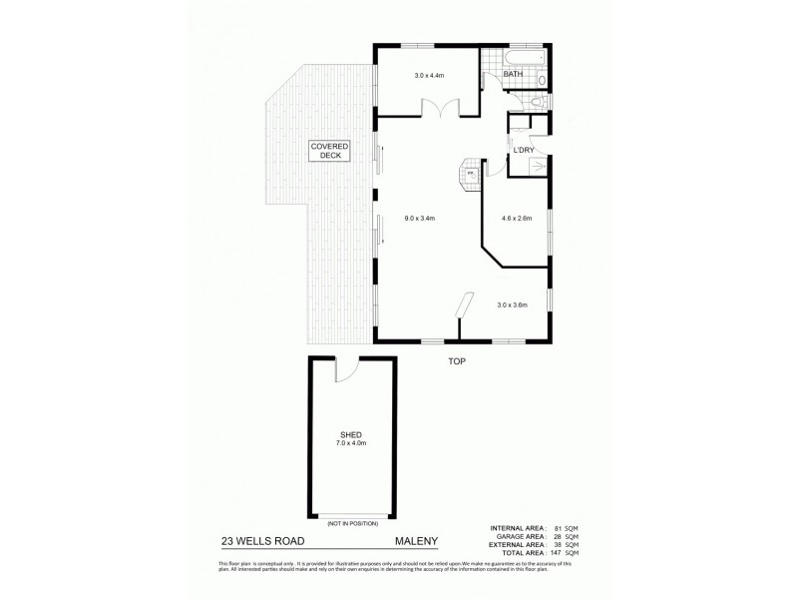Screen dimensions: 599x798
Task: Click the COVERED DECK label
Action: pyautogui.click(x=328, y=151)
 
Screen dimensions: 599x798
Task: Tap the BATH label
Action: pyautogui.click(x=513, y=74)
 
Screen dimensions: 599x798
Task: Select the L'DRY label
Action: pyautogui.click(x=525, y=150)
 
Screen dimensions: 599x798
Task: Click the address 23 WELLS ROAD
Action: pyautogui.click(x=263, y=544)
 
